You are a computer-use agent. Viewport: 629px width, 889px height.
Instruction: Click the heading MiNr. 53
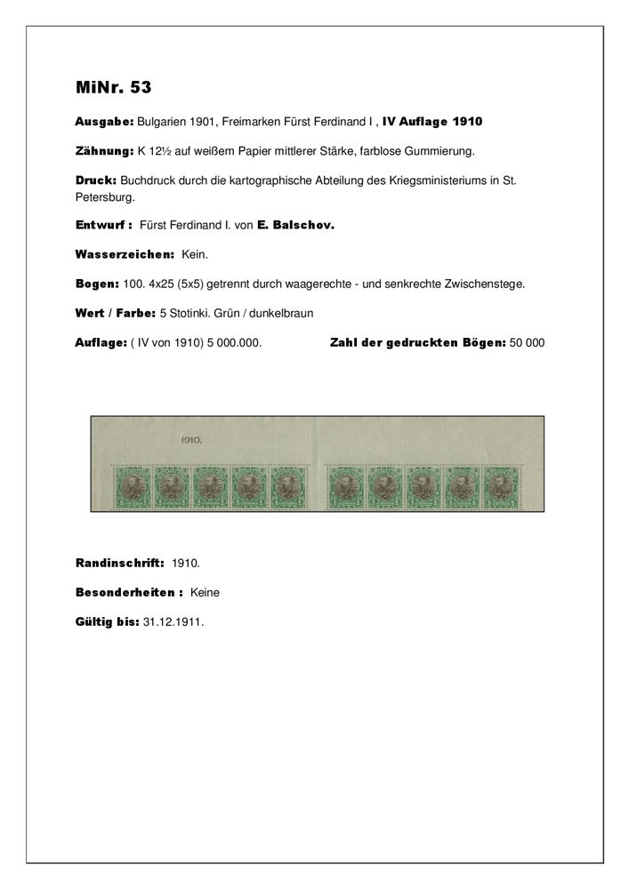pos(113,87)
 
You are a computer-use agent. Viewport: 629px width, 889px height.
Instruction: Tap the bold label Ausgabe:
pos(104,121)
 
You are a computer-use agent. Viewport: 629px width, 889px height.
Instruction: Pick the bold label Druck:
pos(95,180)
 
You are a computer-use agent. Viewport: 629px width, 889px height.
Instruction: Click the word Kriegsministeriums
pos(406,180)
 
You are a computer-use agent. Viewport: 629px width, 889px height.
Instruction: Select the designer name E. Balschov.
pos(295,226)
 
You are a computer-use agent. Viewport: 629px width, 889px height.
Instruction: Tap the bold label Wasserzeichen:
pos(125,255)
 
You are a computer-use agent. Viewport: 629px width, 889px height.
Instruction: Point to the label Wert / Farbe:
pos(114,314)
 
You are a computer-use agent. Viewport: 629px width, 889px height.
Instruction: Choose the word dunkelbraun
pos(282,314)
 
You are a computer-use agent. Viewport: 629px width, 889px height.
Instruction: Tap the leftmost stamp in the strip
pos(130,489)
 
